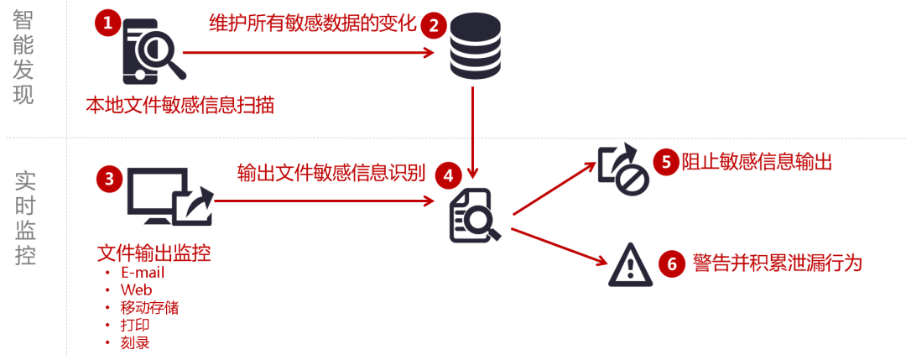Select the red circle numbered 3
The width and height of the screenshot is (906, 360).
click(x=110, y=178)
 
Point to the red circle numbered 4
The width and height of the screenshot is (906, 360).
click(x=449, y=175)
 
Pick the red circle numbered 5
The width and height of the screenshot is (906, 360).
click(x=667, y=161)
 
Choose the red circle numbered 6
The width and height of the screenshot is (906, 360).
click(x=671, y=263)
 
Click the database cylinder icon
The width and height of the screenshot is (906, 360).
click(x=475, y=47)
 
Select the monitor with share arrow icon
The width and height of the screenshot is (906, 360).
click(x=169, y=196)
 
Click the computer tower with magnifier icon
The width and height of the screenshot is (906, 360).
click(x=152, y=52)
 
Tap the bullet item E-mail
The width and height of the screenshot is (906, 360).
click(x=143, y=273)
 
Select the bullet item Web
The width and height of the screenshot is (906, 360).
click(x=136, y=290)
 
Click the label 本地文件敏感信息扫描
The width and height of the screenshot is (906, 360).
click(x=180, y=106)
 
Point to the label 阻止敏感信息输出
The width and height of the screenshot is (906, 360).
click(x=756, y=162)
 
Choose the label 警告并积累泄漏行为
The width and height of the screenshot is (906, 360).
click(x=777, y=263)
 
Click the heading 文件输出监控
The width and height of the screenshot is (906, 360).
click(x=154, y=252)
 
